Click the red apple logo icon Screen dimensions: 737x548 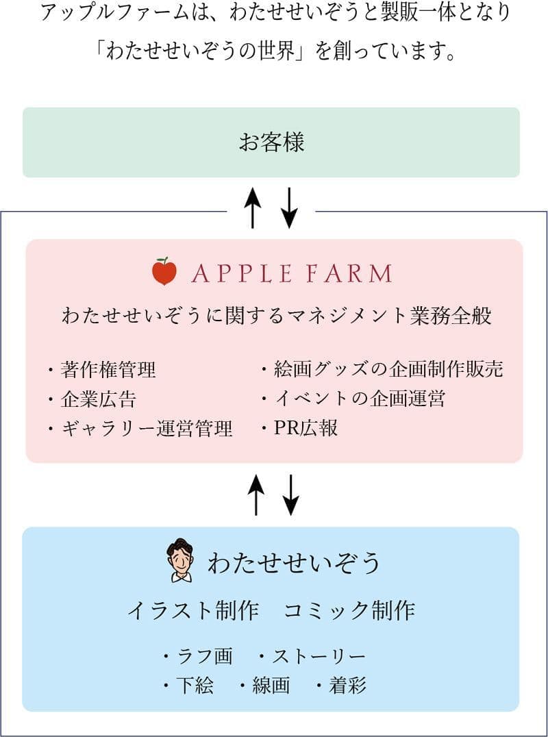tap(164, 272)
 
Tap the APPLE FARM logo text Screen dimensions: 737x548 tap(291, 273)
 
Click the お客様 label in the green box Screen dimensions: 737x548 tap(271, 142)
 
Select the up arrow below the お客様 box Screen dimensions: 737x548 tap(253, 207)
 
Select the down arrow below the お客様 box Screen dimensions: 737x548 tap(289, 207)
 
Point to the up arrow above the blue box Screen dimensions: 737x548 tap(256, 494)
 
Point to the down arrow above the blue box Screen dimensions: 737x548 tap(291, 494)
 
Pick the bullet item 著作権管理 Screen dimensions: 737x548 tap(108, 370)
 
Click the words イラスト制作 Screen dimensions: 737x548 tap(192, 610)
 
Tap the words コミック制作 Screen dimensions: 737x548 tap(349, 610)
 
